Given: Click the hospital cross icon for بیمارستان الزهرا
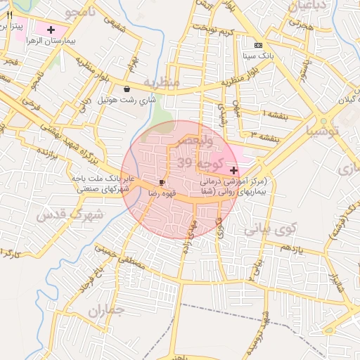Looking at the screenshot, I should point(51,30).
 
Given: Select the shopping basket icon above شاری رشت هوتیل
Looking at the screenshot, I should point(126,89).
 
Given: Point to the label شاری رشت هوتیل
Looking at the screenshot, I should point(126,101).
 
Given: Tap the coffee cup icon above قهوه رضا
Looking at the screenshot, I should point(162,181).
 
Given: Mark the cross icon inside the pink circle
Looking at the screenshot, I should point(233,170).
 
